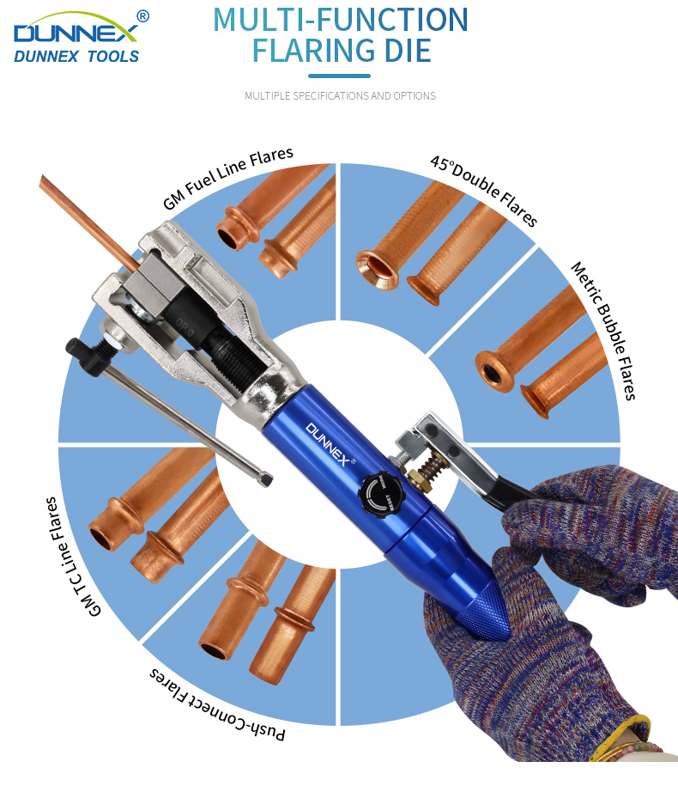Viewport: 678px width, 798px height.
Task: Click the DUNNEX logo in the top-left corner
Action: coord(76,37)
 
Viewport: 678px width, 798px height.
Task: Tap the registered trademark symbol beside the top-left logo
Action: coord(143,17)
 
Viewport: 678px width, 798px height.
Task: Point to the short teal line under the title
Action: coord(339,76)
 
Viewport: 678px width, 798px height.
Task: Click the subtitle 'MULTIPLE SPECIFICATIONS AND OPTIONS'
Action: coord(340,95)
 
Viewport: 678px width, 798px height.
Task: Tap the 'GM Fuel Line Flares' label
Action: coord(228,178)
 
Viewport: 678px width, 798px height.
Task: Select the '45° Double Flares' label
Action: coord(484,191)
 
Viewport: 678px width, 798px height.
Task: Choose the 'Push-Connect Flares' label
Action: coord(217,706)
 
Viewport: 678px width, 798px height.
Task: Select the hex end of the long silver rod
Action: coord(265,479)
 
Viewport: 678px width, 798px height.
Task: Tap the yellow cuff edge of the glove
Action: coord(623,734)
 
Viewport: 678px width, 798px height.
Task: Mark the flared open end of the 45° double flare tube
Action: coord(377,270)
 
